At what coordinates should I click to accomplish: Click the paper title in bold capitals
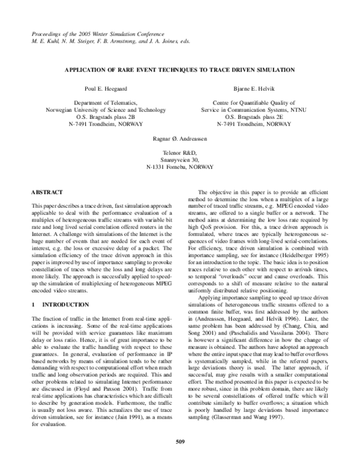[x=180, y=70]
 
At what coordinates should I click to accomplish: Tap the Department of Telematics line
[x=97, y=103]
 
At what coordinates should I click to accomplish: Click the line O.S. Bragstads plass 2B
[x=97, y=117]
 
